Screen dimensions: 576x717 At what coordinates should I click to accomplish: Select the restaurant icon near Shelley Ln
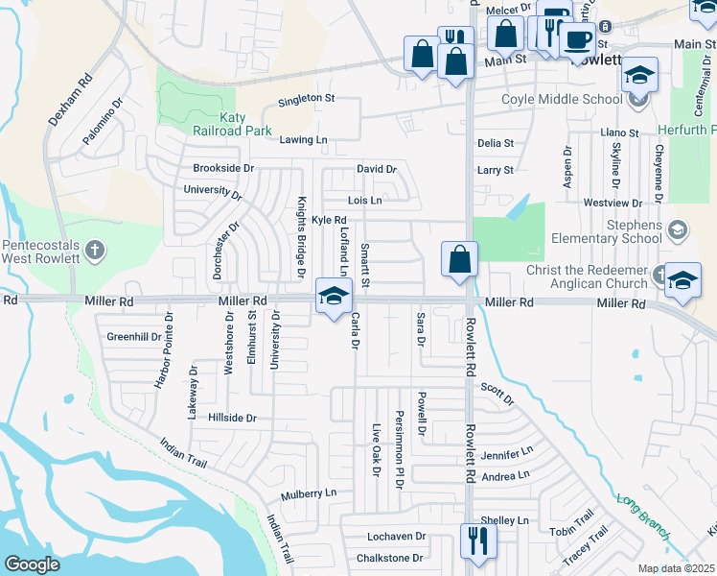[475, 540]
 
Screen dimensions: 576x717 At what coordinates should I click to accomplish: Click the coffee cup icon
[577, 39]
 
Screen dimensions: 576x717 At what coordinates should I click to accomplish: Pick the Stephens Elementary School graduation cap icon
[678, 228]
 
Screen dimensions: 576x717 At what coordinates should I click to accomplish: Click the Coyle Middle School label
[563, 98]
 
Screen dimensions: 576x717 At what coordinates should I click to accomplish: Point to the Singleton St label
[306, 98]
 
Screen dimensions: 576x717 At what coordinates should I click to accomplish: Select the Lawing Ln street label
[303, 140]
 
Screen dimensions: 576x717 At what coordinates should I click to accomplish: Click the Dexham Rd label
[68, 101]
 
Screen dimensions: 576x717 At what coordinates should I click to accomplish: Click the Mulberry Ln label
[309, 493]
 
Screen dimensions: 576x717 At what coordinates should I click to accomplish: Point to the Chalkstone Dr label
[389, 558]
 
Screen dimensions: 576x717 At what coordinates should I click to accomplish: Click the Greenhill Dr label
[134, 337]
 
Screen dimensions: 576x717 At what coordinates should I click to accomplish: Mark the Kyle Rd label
[329, 221]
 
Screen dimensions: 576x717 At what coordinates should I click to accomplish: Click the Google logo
[32, 564]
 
